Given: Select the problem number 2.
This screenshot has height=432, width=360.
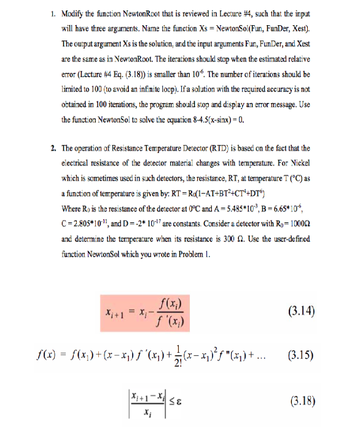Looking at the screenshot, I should click(55, 148).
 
